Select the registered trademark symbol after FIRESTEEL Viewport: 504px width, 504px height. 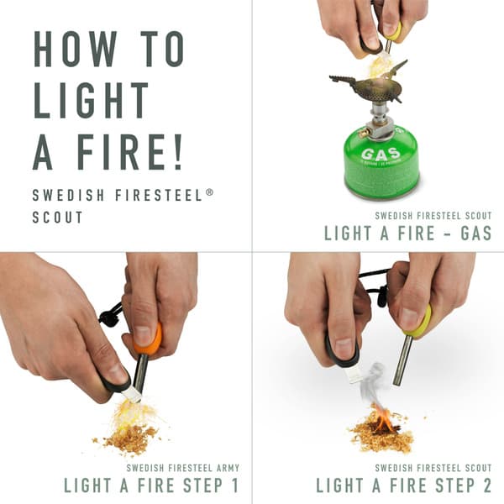pos(210,192)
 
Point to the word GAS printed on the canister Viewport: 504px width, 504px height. pos(380,155)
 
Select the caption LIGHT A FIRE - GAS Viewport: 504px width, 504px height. pos(407,234)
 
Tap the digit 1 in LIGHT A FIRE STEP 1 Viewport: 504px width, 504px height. pos(234,485)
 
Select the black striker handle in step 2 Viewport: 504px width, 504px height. pos(340,352)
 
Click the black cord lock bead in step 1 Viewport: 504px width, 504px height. pos(108,317)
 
